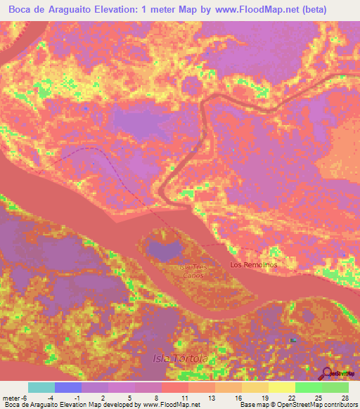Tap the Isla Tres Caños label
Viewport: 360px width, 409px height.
pyautogui.click(x=192, y=271)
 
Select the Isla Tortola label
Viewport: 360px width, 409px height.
pyautogui.click(x=181, y=359)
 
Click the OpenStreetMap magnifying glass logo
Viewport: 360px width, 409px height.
pyautogui.click(x=328, y=374)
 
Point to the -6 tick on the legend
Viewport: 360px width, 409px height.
pyautogui.click(x=25, y=397)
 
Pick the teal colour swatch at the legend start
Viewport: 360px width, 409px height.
pyautogui.click(x=41, y=387)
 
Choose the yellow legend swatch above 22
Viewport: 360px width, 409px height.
pyautogui.click(x=281, y=387)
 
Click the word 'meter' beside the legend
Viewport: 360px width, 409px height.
pyautogui.click(x=10, y=397)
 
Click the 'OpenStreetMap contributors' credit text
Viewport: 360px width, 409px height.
pyautogui.click(x=316, y=405)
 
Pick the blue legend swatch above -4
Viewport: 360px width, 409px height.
pyautogui.click(x=68, y=387)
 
